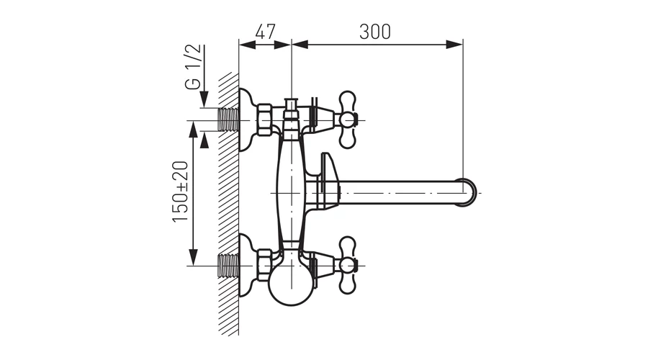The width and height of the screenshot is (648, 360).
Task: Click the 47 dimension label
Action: tap(265, 32)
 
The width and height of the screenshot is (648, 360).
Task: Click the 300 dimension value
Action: tap(375, 32)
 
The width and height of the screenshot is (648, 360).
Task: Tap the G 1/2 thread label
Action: tap(194, 67)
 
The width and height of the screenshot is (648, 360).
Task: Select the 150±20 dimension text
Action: tap(181, 192)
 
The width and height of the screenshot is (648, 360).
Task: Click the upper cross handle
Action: tap(347, 120)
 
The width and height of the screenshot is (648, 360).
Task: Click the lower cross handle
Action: tap(347, 266)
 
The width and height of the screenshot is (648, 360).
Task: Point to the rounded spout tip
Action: tap(469, 193)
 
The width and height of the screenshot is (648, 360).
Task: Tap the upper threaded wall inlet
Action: tap(228, 120)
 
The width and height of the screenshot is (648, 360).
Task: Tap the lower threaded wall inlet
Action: tap(228, 266)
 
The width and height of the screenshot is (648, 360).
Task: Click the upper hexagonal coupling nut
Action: tap(264, 120)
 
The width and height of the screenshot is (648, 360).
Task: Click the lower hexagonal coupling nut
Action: tap(264, 266)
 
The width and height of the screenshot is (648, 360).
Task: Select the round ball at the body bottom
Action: tap(291, 285)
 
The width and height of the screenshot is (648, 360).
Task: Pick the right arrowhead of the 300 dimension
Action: tap(455, 44)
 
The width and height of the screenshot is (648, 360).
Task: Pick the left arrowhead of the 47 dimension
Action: tap(247, 44)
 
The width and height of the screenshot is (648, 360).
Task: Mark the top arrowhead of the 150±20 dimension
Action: tap(193, 129)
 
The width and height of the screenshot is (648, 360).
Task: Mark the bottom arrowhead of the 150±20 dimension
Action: tap(193, 257)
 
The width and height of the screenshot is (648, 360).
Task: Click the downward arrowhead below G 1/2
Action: tap(204, 100)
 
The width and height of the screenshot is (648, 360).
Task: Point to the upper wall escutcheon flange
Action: tap(246, 120)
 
